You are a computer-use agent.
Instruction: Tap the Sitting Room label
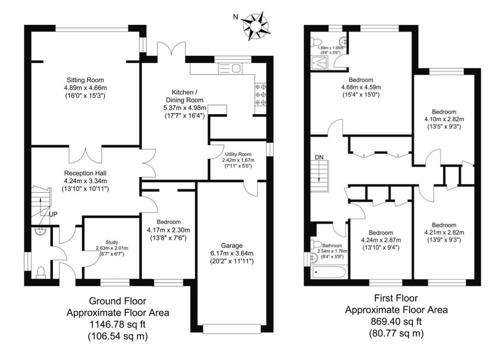click(85, 80)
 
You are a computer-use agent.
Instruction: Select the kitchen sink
click(230, 68)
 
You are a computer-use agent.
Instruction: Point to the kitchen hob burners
click(261, 95)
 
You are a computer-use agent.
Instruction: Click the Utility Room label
click(238, 154)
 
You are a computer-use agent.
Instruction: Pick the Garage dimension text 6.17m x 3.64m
click(232, 253)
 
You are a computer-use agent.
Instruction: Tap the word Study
click(112, 242)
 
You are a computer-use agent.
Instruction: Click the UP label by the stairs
click(53, 214)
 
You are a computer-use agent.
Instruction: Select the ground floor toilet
click(41, 273)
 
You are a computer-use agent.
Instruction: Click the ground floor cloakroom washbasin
click(40, 231)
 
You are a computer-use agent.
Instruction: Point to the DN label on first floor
click(319, 157)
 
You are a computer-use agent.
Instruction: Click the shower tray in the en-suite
click(319, 63)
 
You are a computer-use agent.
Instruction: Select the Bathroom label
click(332, 246)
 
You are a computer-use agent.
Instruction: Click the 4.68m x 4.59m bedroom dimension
click(361, 87)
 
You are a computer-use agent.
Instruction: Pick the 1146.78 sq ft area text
click(118, 324)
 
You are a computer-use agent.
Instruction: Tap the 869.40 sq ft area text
click(396, 321)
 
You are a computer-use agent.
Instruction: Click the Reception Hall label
click(85, 173)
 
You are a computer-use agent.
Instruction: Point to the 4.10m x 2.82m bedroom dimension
click(444, 119)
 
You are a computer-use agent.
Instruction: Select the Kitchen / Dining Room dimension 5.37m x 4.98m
click(185, 108)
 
